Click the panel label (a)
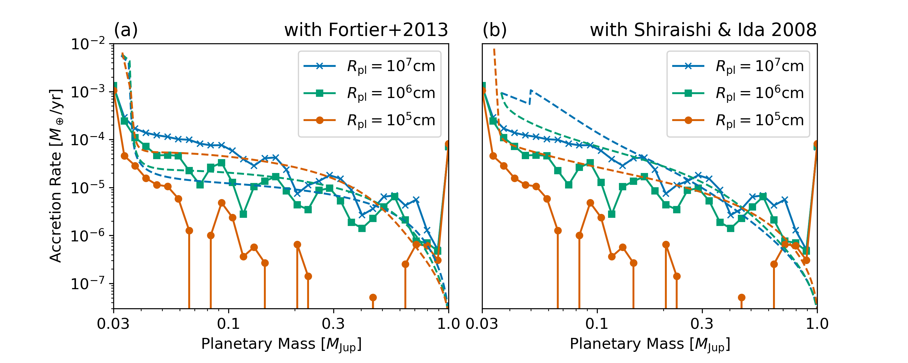[126, 30]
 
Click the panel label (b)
[495, 30]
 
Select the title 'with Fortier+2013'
[366, 30]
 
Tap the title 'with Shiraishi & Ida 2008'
[703, 30]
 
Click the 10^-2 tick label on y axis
[88, 45]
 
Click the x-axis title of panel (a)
[281, 344]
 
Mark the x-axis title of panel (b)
[650, 344]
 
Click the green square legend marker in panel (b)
[688, 93]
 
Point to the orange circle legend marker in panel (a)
[320, 120]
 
